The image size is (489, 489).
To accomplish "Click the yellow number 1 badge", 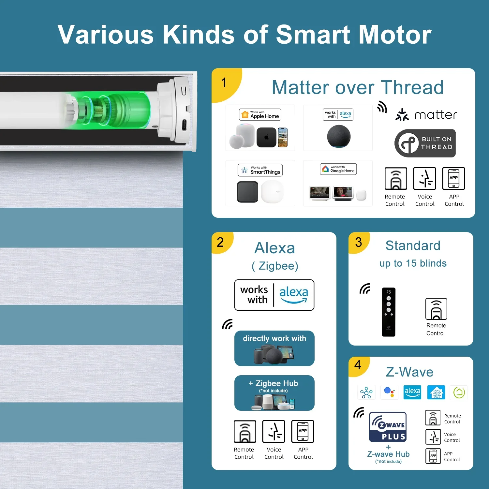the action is [x=225, y=83].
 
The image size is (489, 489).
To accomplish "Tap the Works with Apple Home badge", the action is [x=260, y=115].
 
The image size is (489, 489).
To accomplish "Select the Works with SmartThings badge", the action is [x=260, y=170].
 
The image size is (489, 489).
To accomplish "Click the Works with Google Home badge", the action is [x=338, y=169].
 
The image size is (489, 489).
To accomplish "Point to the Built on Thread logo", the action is [x=425, y=143].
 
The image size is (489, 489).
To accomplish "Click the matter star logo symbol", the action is [x=402, y=115].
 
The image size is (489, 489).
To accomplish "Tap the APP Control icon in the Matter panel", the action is [x=453, y=178].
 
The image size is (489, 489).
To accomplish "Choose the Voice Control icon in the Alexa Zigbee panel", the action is [x=274, y=431].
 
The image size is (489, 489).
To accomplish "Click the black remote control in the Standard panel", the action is [x=389, y=312].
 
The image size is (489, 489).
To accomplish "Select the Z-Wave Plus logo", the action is [x=388, y=427].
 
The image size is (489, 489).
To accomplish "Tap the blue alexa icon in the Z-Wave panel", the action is [x=412, y=393].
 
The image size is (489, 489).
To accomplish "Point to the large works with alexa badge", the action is [x=274, y=295].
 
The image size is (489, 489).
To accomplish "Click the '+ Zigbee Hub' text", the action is [x=273, y=383].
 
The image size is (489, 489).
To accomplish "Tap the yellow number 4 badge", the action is [x=358, y=366].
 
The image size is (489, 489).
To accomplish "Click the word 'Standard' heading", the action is [x=413, y=245].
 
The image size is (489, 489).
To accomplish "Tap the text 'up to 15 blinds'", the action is [x=413, y=263].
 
